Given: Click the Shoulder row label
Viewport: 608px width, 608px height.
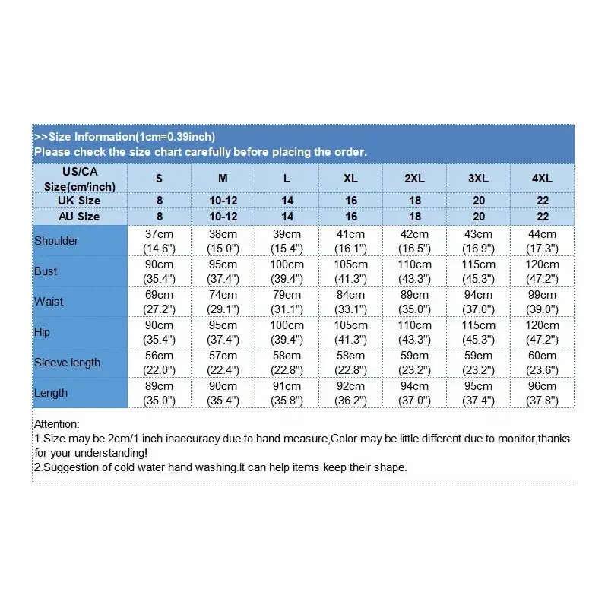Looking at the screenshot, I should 56,241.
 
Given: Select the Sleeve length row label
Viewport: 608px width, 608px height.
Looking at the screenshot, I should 67,363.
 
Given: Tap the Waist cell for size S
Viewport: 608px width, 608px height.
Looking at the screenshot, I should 160,302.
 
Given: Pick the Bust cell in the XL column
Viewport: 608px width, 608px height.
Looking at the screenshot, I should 350,271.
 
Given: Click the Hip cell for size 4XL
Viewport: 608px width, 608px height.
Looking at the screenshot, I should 542,332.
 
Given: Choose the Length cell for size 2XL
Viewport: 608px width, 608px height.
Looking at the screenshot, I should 414,393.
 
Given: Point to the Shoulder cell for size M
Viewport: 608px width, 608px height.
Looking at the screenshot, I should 223,241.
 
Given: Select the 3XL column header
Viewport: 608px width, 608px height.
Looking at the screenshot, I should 478,179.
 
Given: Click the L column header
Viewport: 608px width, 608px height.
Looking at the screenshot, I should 287,179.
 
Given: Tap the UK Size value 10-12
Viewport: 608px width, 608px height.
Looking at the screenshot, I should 223,201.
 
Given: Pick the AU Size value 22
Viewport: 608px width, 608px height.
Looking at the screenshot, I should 542,217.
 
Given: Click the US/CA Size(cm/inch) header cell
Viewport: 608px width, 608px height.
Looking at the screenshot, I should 80,179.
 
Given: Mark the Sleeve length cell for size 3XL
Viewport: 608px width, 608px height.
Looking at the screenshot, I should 478,363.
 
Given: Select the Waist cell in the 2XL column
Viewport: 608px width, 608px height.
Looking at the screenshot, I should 414,302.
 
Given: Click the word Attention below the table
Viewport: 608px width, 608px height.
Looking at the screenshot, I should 57,424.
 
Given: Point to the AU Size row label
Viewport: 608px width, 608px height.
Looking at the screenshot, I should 80,217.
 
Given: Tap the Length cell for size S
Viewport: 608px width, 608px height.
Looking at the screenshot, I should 160,393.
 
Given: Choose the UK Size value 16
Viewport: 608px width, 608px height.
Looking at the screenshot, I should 350,201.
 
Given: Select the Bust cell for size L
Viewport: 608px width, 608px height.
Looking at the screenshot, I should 287,271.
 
